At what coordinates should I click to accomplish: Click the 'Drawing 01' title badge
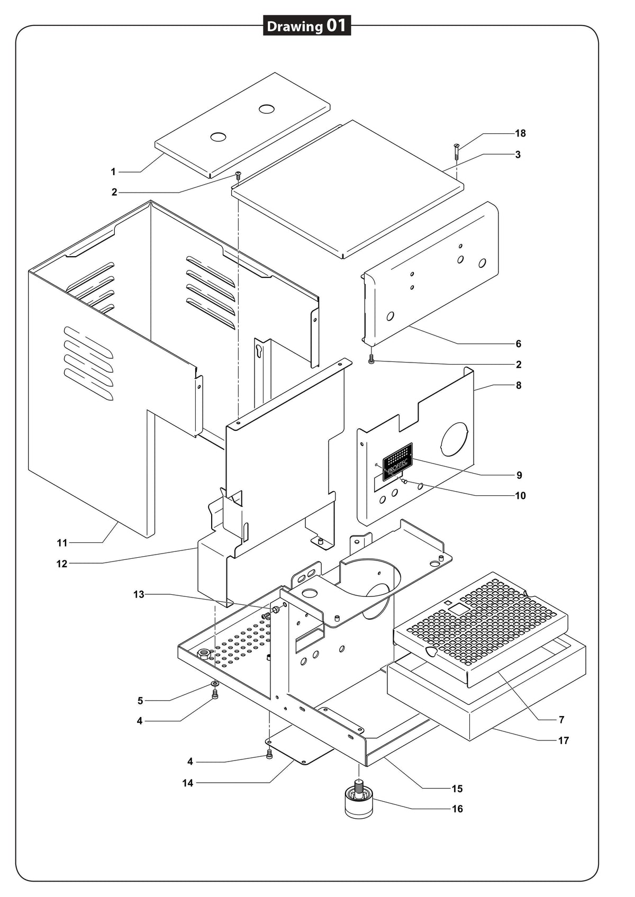pyautogui.click(x=307, y=26)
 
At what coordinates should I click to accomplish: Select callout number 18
pyautogui.click(x=520, y=133)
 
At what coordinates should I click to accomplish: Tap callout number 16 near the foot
pyautogui.click(x=457, y=809)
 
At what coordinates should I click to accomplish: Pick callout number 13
pyautogui.click(x=139, y=595)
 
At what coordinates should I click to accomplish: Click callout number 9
pyautogui.click(x=519, y=475)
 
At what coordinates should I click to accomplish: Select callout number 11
pyautogui.click(x=62, y=543)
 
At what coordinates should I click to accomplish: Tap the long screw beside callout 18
pyautogui.click(x=457, y=151)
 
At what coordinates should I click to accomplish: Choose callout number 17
pyautogui.click(x=564, y=741)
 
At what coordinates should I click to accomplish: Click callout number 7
pyautogui.click(x=561, y=720)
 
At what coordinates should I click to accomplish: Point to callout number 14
pyautogui.click(x=188, y=783)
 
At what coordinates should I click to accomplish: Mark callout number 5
pyautogui.click(x=140, y=701)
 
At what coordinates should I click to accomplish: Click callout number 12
pyautogui.click(x=62, y=564)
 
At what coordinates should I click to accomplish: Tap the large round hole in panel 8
pyautogui.click(x=454, y=439)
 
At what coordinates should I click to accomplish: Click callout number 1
pyautogui.click(x=113, y=172)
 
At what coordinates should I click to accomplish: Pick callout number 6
pyautogui.click(x=519, y=343)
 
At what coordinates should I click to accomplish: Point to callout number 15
pyautogui.click(x=457, y=789)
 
